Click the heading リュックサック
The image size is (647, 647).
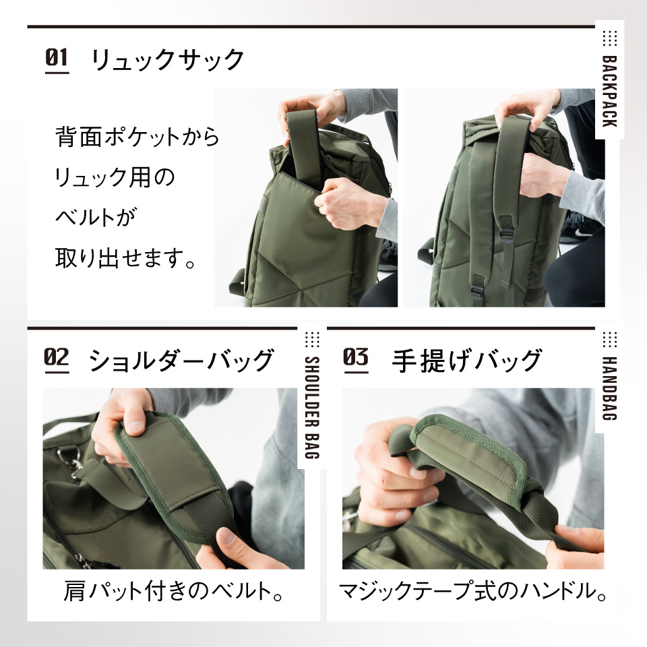[x=168, y=60]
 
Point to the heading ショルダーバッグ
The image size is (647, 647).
[x=181, y=360]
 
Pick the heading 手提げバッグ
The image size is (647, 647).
[x=466, y=360]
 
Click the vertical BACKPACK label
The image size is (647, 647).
[x=609, y=91]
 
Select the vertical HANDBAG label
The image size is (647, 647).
[x=609, y=388]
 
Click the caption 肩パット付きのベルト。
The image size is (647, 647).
[x=174, y=590]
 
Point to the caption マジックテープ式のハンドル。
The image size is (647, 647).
[x=473, y=590]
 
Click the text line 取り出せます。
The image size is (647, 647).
[x=125, y=257]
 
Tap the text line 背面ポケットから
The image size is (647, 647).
[x=137, y=137]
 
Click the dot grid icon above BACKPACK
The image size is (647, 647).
[x=609, y=38]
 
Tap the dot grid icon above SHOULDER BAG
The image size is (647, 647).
[x=312, y=340]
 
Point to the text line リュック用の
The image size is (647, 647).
[x=115, y=177]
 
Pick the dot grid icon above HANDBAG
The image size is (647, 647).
[x=609, y=340]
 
